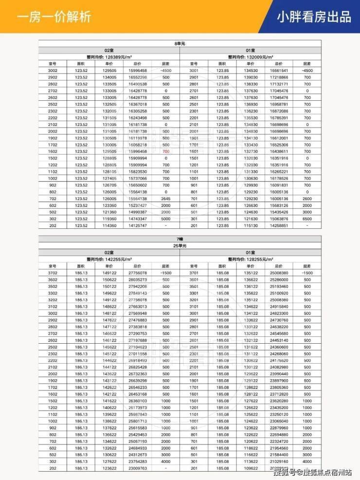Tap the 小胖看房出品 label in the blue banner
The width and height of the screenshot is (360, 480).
click(314, 17)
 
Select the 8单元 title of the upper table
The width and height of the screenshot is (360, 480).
click(180, 44)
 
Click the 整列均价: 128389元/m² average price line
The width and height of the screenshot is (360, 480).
click(108, 56)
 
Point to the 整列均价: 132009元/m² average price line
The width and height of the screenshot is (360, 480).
click(251, 56)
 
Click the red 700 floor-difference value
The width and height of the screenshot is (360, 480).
click(166, 151)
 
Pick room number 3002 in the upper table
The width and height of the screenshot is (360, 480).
click(53, 70)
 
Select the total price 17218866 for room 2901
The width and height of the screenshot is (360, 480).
click(278, 77)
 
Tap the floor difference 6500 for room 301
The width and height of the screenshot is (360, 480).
click(306, 219)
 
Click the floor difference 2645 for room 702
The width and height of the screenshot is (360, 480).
click(166, 198)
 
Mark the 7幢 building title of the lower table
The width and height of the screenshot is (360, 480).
click(180, 239)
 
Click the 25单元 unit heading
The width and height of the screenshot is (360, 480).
click(180, 245)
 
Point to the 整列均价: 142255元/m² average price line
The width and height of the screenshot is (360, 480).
click(108, 259)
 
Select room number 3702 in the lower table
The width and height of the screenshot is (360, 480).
click(53, 273)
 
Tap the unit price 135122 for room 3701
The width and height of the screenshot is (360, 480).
click(251, 273)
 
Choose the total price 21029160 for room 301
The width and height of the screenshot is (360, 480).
click(278, 461)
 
